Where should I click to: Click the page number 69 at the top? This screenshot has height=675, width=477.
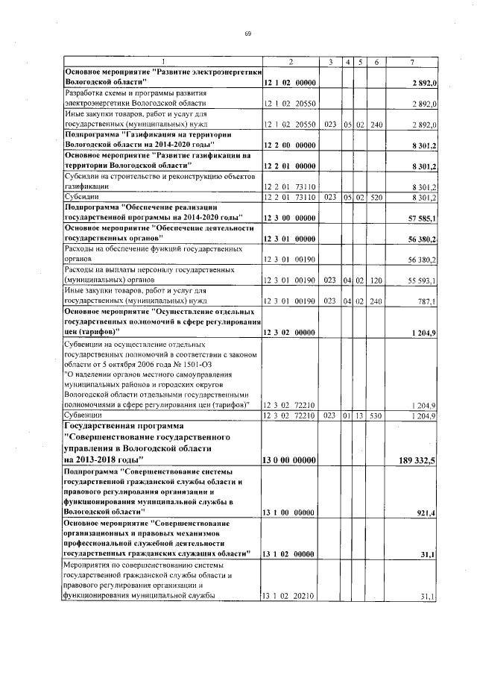click(247, 34)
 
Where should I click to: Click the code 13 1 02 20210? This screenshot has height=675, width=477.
click(291, 596)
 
